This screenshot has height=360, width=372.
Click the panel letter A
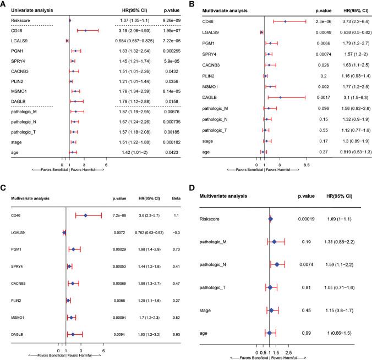click(4, 4)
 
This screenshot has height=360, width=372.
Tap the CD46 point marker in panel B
click(285, 21)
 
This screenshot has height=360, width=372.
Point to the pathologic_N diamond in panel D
click(277, 264)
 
